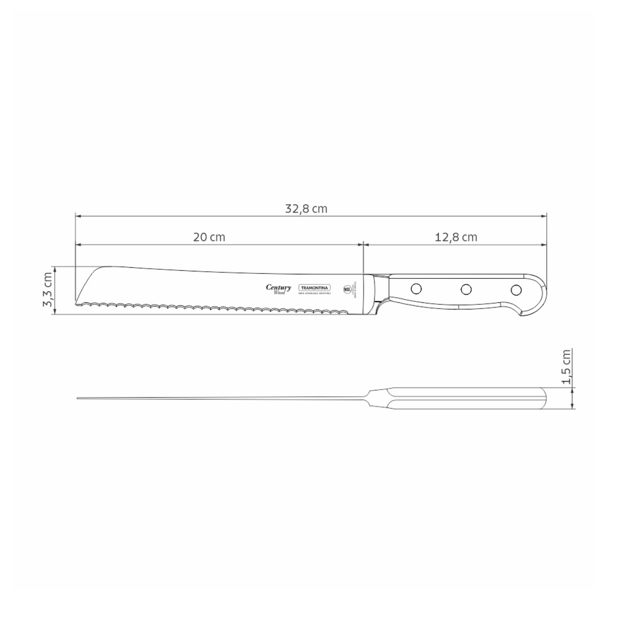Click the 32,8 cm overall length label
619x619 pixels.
click(306, 209)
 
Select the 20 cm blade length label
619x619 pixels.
click(209, 237)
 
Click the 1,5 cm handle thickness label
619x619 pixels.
click(566, 367)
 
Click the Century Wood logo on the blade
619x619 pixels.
click(279, 289)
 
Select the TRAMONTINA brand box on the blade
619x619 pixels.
click(314, 288)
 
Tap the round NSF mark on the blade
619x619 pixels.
click(347, 289)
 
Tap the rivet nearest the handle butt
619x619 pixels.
click(515, 289)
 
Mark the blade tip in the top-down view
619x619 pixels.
click(79, 398)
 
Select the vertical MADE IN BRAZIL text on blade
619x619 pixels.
click(356, 289)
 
